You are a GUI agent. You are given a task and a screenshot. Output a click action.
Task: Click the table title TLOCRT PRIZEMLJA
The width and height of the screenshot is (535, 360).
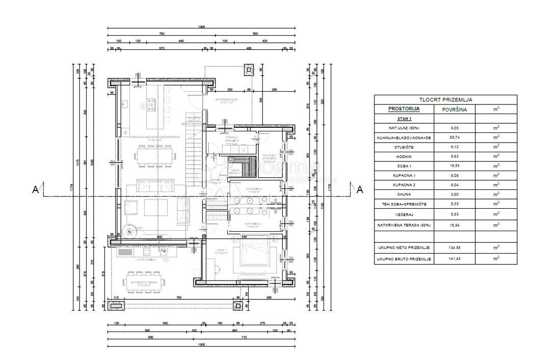point(445,100)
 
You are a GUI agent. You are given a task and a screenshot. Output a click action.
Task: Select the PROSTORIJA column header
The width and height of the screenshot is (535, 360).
point(404,109)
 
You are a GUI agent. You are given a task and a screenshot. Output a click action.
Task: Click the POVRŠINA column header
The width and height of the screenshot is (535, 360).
point(454,109)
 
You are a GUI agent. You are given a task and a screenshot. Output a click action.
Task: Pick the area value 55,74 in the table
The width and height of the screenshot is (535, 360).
point(454,137)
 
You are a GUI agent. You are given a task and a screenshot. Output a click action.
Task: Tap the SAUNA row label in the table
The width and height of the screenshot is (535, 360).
point(404,194)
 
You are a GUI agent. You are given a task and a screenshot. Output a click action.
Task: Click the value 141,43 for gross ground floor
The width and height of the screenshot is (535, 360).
point(454,259)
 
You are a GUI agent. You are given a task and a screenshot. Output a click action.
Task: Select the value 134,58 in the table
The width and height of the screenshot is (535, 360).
point(454,247)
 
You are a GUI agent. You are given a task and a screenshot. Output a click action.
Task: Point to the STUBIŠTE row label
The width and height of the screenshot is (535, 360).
point(404,147)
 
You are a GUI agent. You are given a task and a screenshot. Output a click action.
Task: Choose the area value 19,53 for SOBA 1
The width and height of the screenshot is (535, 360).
point(454,166)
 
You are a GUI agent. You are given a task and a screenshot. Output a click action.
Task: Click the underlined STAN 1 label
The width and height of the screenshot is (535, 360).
point(404,118)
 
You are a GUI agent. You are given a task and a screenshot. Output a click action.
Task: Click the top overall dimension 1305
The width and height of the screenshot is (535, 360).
point(202,26)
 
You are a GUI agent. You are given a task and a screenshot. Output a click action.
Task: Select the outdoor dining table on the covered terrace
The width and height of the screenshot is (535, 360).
point(144,282)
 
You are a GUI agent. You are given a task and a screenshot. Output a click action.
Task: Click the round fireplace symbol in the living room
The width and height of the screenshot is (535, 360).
point(129,231)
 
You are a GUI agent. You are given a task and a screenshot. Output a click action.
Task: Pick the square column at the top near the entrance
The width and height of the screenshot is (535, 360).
point(249,69)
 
